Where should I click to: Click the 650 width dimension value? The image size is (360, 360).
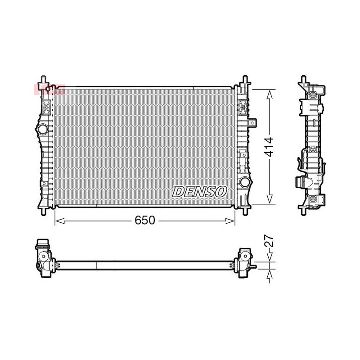click(x=144, y=220)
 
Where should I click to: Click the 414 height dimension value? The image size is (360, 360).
click(x=269, y=147)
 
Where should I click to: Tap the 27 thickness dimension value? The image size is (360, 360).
click(x=269, y=241)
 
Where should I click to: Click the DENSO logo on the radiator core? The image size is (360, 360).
click(x=199, y=192)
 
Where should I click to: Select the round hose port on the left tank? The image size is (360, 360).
click(x=42, y=129)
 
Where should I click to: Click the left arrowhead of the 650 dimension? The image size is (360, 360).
click(x=60, y=221)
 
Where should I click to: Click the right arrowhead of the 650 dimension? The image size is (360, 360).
click(x=230, y=221)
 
